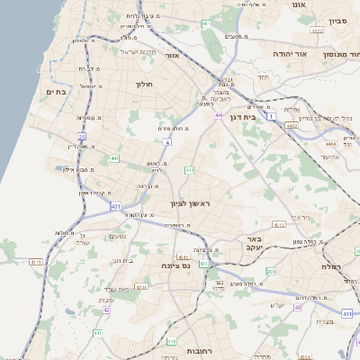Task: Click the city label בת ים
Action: tap(54, 92)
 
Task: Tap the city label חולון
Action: tap(145, 85)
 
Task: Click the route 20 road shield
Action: tap(82, 137)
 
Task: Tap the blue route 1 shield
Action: tap(270, 105)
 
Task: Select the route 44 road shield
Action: tap(219, 115)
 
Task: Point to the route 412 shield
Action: tap(189, 169)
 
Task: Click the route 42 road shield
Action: tap(106, 310)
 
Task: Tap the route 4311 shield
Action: tap(35, 262)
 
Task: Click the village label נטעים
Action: tap(117, 237)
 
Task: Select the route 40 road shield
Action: tap(298, 307)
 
